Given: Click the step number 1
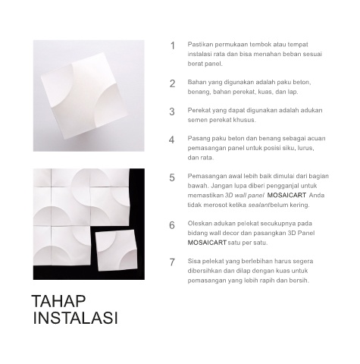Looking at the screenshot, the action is (x=173, y=45).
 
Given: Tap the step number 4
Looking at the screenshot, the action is (x=172, y=140).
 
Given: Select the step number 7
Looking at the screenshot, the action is (x=172, y=262).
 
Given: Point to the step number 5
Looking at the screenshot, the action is (x=172, y=177).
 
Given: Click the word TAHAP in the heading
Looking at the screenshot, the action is (x=59, y=301).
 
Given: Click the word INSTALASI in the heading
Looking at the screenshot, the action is (x=76, y=318).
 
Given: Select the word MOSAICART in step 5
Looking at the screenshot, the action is (x=286, y=196).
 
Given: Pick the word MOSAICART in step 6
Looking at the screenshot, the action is (x=207, y=243).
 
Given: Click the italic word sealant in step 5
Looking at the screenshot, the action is (x=259, y=205).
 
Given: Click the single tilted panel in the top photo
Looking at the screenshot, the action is (x=85, y=96).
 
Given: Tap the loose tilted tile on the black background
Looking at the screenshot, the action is (x=117, y=250).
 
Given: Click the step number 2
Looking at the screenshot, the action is (x=172, y=83).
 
